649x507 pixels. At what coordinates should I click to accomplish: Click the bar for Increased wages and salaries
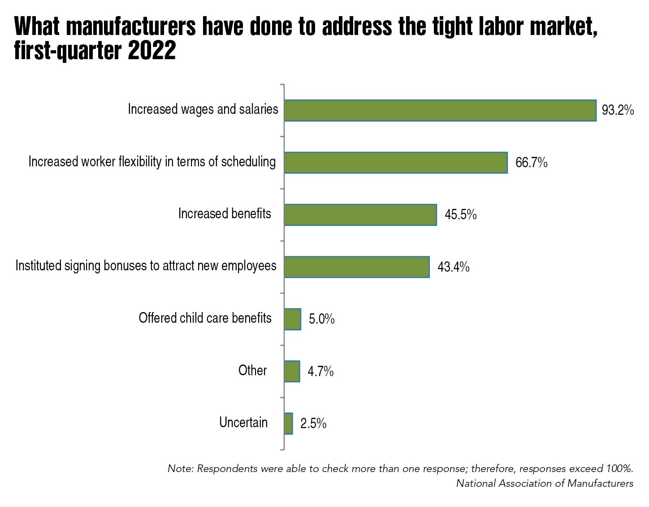pos(440,110)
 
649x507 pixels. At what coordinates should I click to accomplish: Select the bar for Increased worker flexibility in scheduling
pos(396,162)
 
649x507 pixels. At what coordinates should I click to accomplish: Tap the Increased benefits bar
pos(360,215)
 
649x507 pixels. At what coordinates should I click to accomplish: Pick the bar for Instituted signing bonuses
pos(357,267)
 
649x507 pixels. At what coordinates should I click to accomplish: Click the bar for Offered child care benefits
pos(293,319)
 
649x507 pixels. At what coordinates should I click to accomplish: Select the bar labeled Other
pos(292,371)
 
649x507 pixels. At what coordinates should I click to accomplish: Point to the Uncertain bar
pos(289,423)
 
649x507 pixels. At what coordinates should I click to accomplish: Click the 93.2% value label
pos(618,110)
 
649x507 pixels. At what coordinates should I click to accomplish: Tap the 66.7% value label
pos(531,162)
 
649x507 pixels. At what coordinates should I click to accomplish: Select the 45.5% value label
pos(460,215)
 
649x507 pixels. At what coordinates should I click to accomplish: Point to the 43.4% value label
pos(453,267)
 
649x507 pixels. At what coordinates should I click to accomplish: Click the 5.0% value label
pos(321,319)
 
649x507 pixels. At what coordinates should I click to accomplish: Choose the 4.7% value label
pos(320,372)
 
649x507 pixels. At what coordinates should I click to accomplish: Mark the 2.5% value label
pos(313,424)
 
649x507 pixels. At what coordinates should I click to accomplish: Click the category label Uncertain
pos(243,422)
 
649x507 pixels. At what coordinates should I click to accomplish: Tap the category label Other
pos(252,370)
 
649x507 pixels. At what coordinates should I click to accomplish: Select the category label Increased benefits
pos(225,213)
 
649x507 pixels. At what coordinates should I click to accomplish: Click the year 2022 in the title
pos(152,51)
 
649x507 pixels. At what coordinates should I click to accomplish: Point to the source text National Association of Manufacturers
pos(545,483)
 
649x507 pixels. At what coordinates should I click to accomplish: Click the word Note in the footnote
pos(180,468)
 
